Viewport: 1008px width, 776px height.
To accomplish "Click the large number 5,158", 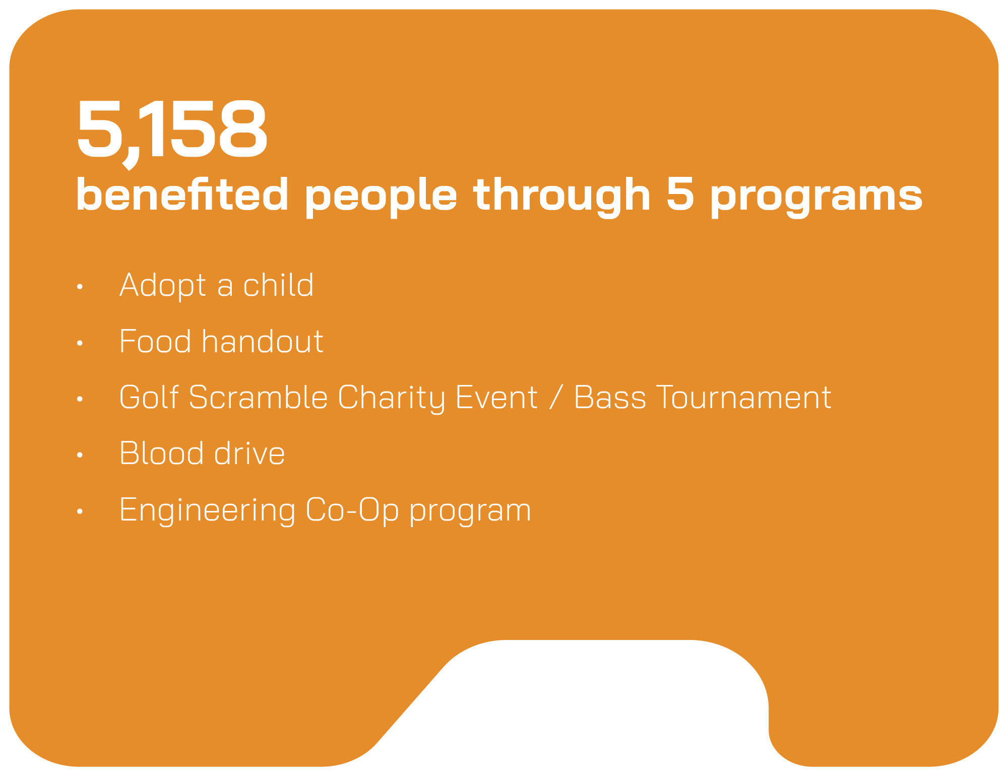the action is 172,132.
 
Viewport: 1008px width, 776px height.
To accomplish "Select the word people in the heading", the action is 381,198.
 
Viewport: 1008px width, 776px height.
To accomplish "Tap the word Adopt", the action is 163,286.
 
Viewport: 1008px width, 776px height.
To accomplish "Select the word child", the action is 278,285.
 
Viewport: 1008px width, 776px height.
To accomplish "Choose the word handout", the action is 262,341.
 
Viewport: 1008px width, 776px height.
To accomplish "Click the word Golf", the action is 149,397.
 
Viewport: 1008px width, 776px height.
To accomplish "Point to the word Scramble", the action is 258,397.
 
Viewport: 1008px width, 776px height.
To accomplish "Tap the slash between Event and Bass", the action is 556,398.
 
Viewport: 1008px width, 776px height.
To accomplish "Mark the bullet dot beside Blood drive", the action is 80,455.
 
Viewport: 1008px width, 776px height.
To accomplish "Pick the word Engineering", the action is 207,511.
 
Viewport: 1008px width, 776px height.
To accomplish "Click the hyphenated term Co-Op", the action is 352,511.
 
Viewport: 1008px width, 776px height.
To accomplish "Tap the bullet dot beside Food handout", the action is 80,343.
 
